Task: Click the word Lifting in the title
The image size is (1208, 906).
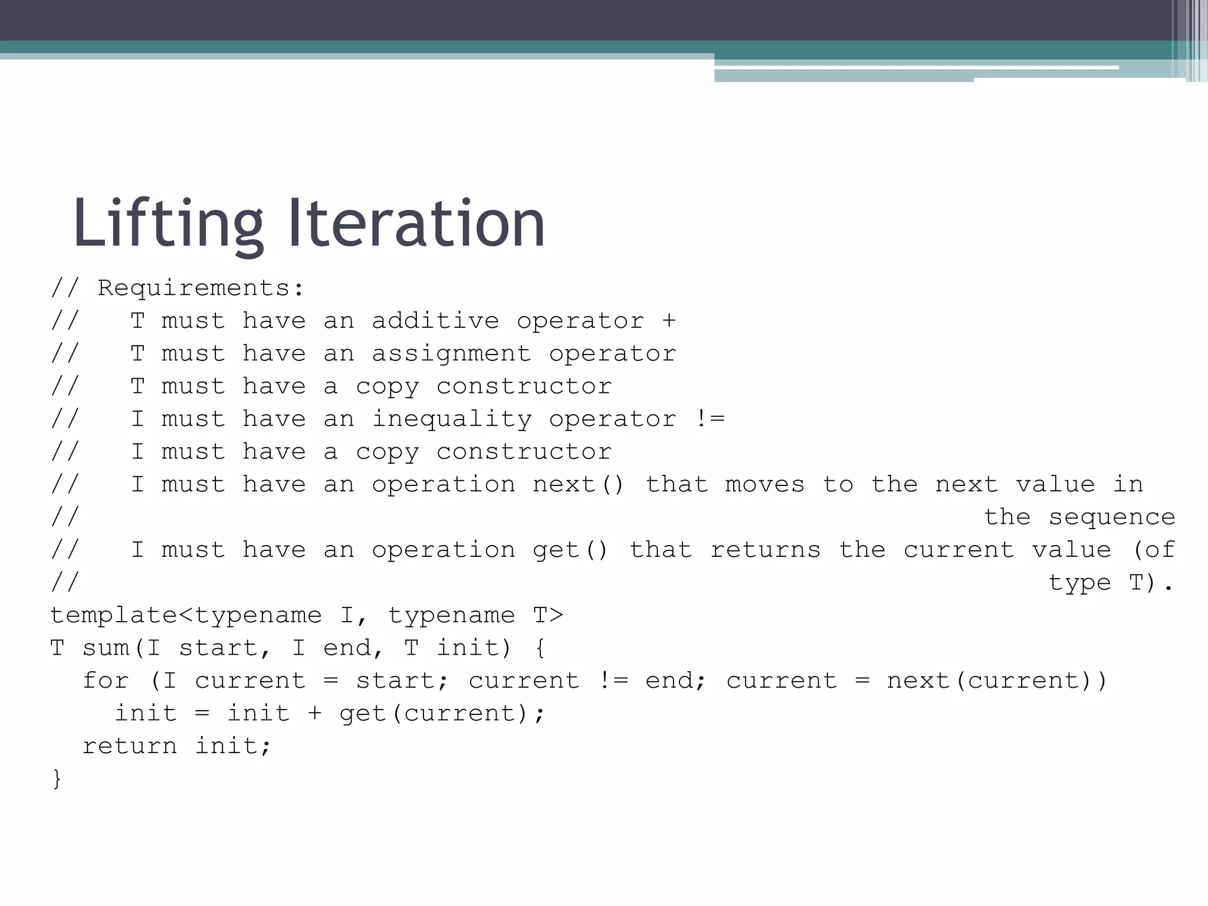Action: pos(168,224)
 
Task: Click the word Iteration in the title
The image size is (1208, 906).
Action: pos(416,224)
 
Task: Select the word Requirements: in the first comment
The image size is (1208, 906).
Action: pos(201,288)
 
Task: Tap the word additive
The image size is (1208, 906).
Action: pos(435,321)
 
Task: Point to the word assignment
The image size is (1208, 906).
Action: pos(451,354)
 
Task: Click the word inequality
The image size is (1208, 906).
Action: pos(451,419)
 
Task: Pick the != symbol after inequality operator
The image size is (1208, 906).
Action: pos(710,419)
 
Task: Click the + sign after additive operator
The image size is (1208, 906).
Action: pos(669,321)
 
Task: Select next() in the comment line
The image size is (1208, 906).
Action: pos(578,485)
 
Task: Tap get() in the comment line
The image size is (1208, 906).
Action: pos(570,550)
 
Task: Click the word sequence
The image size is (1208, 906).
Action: pos(1112,517)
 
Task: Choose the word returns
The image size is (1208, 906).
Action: pos(766,550)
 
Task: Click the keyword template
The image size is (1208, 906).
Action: pos(113,616)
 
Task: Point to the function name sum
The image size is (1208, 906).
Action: pos(106,648)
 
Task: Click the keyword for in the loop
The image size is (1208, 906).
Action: pos(106,681)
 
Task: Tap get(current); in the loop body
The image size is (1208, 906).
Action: pos(442,714)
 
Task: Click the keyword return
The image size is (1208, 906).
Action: pos(130,746)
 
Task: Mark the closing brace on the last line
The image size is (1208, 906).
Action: pos(57,779)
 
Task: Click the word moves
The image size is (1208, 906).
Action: pos(765,485)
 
